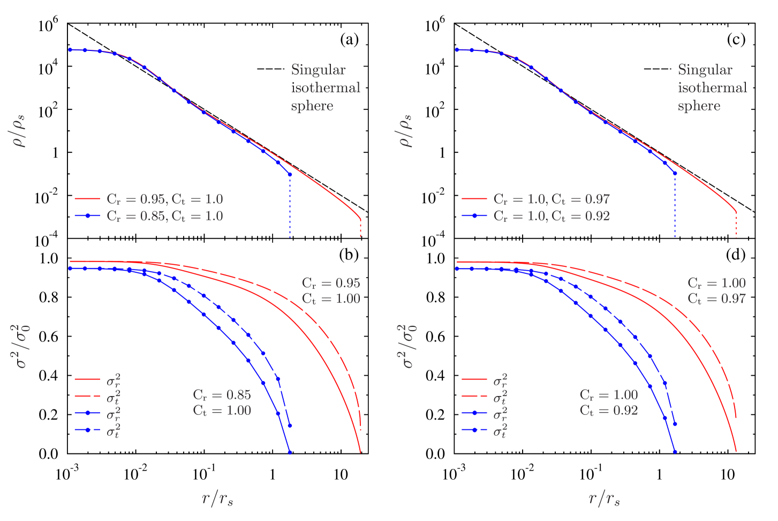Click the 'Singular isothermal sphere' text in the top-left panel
click(x=325, y=88)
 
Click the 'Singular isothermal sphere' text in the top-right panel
click(x=712, y=88)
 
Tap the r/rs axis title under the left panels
click(x=217, y=498)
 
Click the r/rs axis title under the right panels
click(x=605, y=498)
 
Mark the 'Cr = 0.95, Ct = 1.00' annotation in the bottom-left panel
click(x=331, y=291)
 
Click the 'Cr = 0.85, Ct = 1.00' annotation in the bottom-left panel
click(x=222, y=403)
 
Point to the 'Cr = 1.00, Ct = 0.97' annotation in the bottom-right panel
click(x=716, y=291)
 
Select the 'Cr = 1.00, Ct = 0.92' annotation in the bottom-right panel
click(x=609, y=403)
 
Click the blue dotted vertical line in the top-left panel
click(x=290, y=209)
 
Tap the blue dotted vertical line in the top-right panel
click(x=675, y=209)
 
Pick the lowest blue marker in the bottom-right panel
click(x=675, y=452)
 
